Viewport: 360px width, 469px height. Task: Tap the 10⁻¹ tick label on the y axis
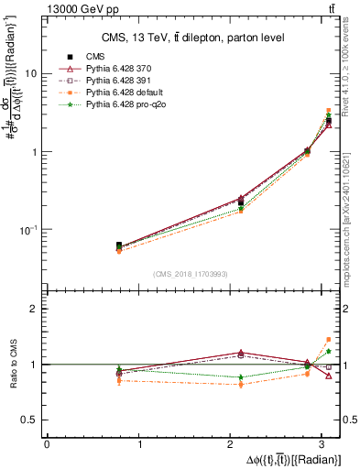click(x=27, y=229)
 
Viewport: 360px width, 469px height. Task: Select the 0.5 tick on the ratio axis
click(x=30, y=420)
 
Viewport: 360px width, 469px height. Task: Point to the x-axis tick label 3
click(x=325, y=445)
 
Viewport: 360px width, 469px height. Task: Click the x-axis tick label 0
click(x=47, y=445)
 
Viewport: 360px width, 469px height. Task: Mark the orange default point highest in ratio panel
click(x=329, y=339)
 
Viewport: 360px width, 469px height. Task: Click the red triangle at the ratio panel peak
click(x=241, y=353)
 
